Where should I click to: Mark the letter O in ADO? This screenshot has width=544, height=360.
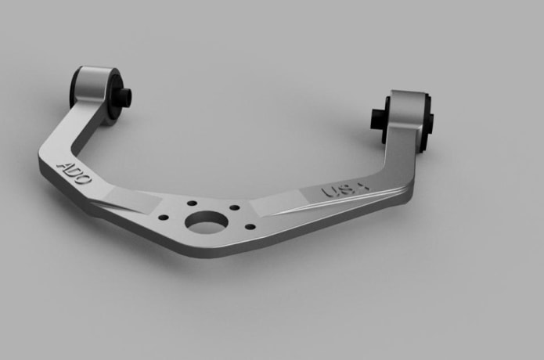85,179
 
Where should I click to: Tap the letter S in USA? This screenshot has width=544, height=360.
344,190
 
